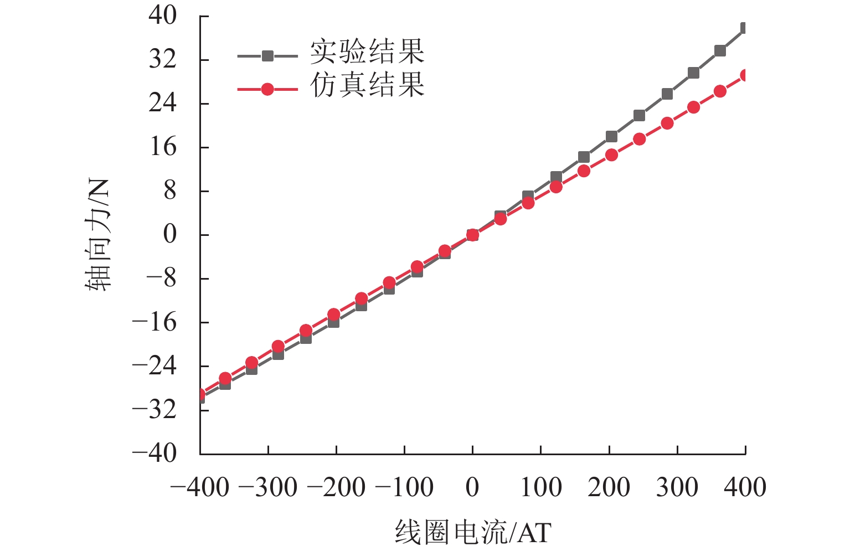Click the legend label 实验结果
pos(367,52)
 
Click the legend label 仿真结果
pos(367,85)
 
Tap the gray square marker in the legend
pos(267,56)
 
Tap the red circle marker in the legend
pos(267,89)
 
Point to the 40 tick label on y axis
pos(163,16)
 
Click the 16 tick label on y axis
pos(163,147)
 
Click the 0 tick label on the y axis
pos(169,234)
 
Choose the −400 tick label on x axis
pos(200,488)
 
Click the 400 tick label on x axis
pos(745,488)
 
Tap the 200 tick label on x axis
pos(609,488)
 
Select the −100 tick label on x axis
pos(404,488)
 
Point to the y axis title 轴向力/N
pos(99,235)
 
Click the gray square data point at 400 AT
pos(745,28)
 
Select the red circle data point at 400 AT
pos(745,75)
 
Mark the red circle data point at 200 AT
pos(611,155)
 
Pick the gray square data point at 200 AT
pos(611,136)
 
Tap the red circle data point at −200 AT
pos(333,315)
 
